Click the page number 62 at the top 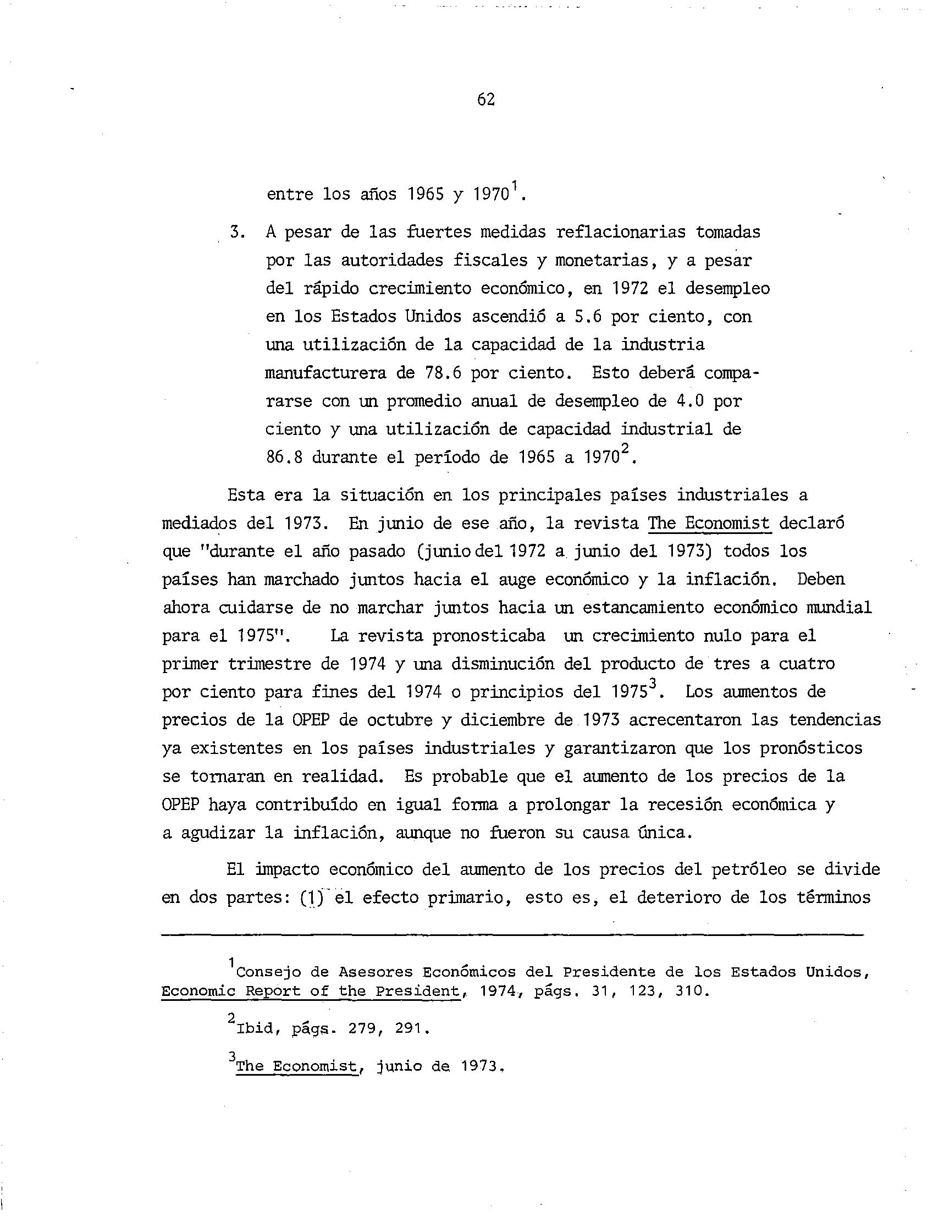[486, 100]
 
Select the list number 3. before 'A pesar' [237, 232]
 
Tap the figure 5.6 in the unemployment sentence [583, 317]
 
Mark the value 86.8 [284, 458]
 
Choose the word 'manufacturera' [325, 373]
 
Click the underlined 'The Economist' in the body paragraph [709, 523]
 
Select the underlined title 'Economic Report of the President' [311, 992]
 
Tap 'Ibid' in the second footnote [254, 1029]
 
